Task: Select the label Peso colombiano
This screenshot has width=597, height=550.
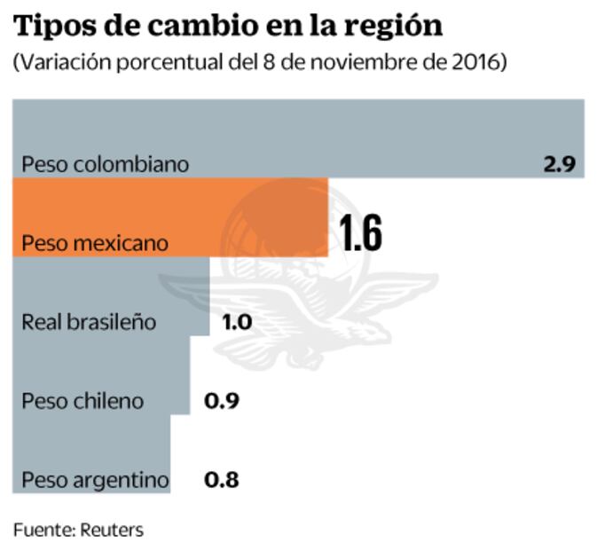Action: [105, 164]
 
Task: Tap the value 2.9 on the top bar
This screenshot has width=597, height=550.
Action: [560, 164]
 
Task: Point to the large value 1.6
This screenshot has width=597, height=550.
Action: [360, 234]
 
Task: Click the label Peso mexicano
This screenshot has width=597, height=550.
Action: [95, 242]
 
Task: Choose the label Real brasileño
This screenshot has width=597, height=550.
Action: [89, 322]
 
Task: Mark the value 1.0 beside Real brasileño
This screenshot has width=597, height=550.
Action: [237, 322]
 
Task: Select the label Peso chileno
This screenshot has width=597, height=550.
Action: [82, 401]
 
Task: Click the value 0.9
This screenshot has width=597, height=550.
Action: [221, 401]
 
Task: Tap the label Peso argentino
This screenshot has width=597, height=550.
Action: [95, 480]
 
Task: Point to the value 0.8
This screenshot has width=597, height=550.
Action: [221, 480]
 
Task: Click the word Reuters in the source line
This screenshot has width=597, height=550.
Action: [112, 530]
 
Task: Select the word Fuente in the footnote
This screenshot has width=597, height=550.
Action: [41, 530]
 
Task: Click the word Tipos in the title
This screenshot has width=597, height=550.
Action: [50, 27]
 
